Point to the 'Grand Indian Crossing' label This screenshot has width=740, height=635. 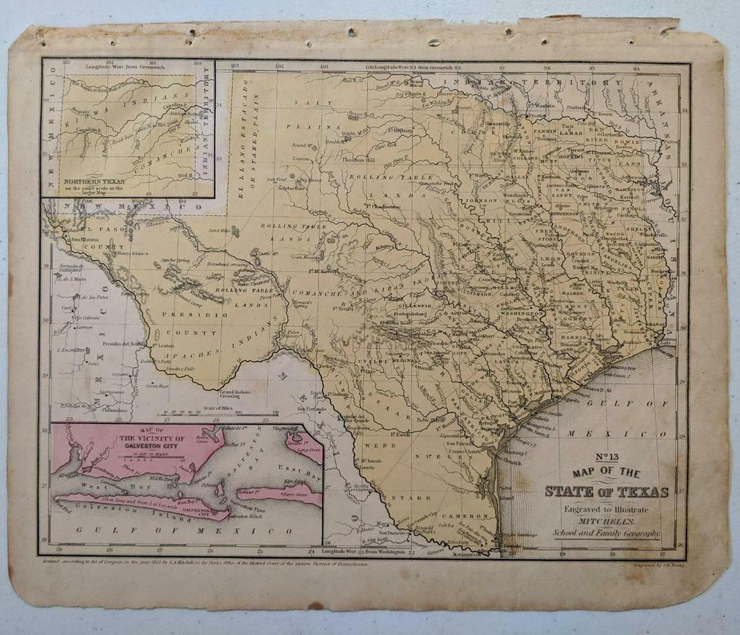[x=235, y=393]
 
